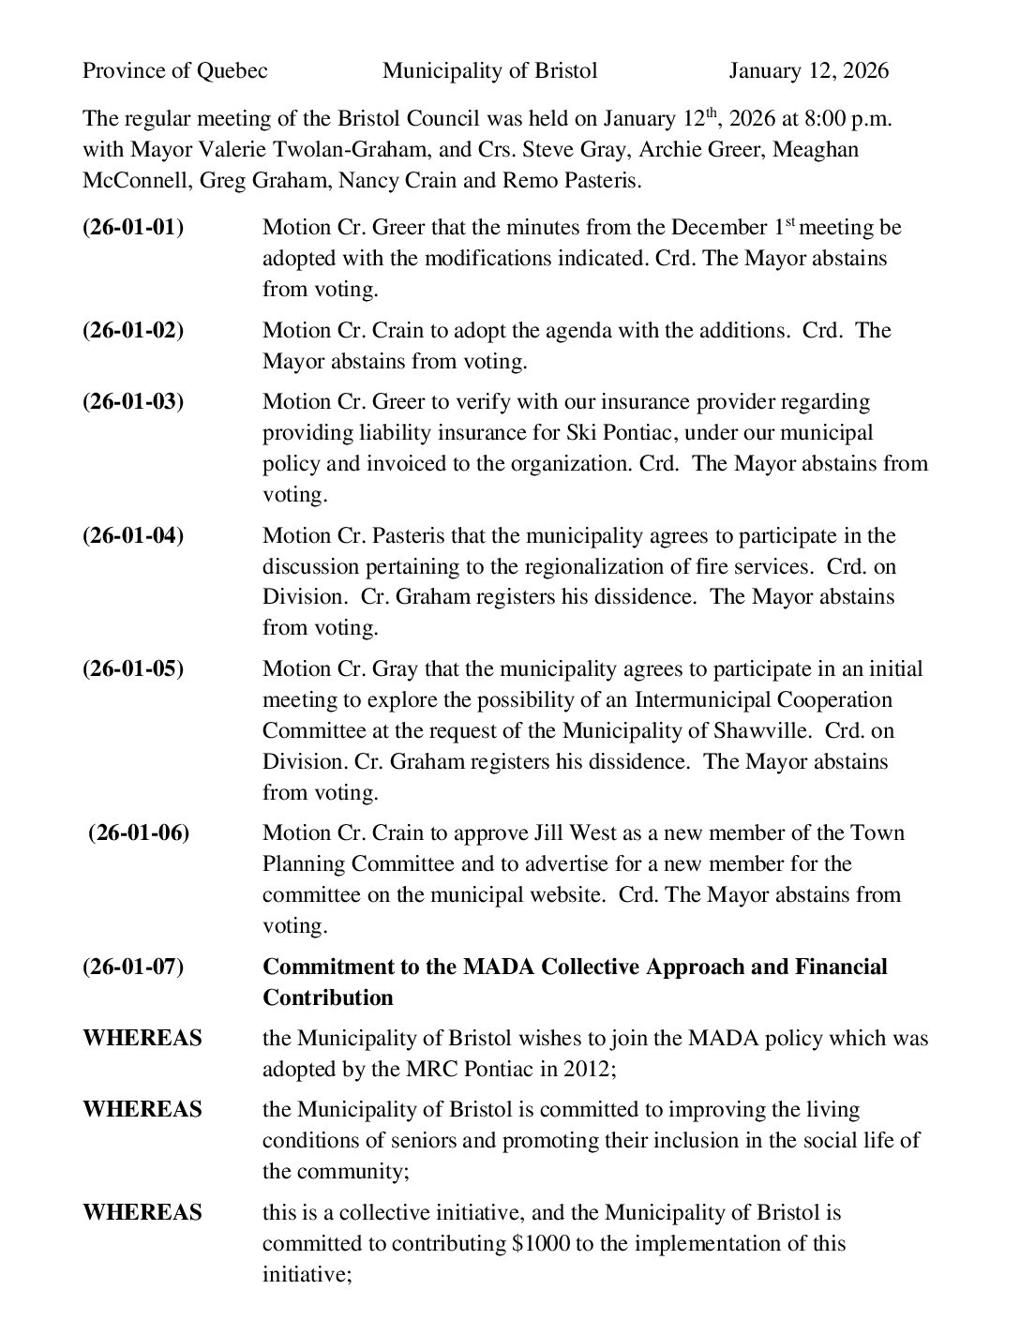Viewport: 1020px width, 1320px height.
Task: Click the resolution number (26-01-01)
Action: point(133,228)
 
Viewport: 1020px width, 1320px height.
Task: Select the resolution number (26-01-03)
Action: point(133,402)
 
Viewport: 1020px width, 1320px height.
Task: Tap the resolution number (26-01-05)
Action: point(133,669)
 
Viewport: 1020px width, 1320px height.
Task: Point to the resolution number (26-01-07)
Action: point(133,967)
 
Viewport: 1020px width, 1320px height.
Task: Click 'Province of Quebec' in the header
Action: point(175,71)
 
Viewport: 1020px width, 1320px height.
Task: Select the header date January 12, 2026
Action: point(809,71)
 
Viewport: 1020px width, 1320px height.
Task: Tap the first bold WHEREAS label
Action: point(142,1039)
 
